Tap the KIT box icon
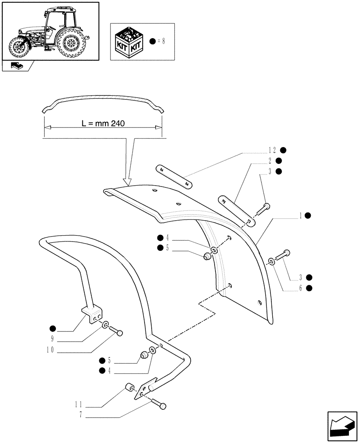[x=129, y=42]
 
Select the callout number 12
[x=271, y=151]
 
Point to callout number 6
[x=301, y=288]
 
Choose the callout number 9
[x=53, y=339]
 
